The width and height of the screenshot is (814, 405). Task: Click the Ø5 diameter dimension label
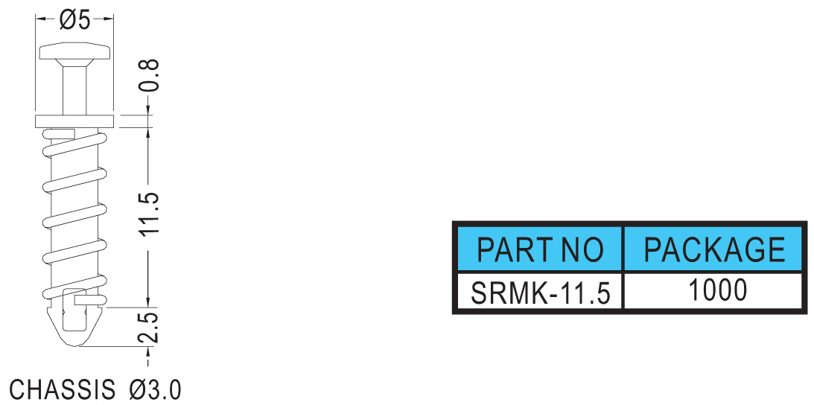pos(74,19)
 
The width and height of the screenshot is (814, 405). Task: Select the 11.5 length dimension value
pos(150,214)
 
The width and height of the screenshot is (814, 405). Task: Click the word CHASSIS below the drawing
pos(63,389)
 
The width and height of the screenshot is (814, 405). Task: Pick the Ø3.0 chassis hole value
pos(155,389)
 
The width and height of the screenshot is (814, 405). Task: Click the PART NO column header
pos(540,249)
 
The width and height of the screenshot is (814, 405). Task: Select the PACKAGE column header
pos(714,249)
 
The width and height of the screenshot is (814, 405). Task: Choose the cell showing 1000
pos(717,291)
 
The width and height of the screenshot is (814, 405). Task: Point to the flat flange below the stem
pos(74,121)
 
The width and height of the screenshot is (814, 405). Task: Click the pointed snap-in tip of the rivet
pos(74,327)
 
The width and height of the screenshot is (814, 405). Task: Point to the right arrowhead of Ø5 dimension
pos(108,20)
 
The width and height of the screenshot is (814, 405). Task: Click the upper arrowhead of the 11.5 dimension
pos(149,134)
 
